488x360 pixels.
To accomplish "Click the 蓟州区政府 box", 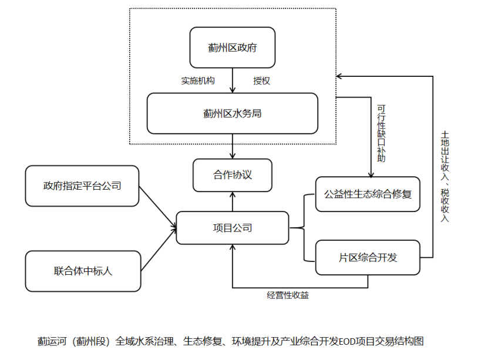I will coord(233,48).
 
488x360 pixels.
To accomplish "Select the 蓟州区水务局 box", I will coord(233,113).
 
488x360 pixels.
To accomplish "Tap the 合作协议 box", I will coord(233,175).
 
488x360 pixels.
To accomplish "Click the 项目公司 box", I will coord(233,228).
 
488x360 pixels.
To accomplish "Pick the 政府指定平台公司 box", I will coord(82,186).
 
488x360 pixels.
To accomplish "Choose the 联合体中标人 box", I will coord(82,271).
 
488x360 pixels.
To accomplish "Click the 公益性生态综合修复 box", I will coord(368,194).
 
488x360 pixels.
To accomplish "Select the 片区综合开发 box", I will coord(368,257).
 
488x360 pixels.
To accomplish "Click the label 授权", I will coord(261,80).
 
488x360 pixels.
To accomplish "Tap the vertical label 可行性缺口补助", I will coord(381,133).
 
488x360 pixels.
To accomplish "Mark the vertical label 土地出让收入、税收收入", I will coord(445,176).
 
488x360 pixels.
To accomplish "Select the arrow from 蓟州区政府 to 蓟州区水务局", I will coord(233,80).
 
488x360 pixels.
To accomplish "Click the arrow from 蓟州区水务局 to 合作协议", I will coord(233,146).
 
